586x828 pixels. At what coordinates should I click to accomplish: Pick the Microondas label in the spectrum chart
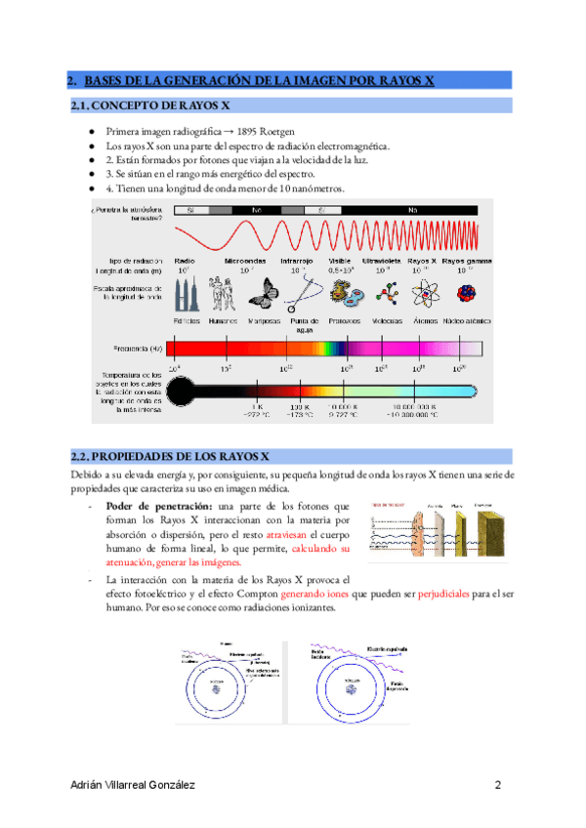pyautogui.click(x=245, y=261)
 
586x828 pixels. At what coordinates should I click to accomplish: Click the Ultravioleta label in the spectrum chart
pyautogui.click(x=382, y=261)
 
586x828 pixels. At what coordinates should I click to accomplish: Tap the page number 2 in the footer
pyautogui.click(x=498, y=785)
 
